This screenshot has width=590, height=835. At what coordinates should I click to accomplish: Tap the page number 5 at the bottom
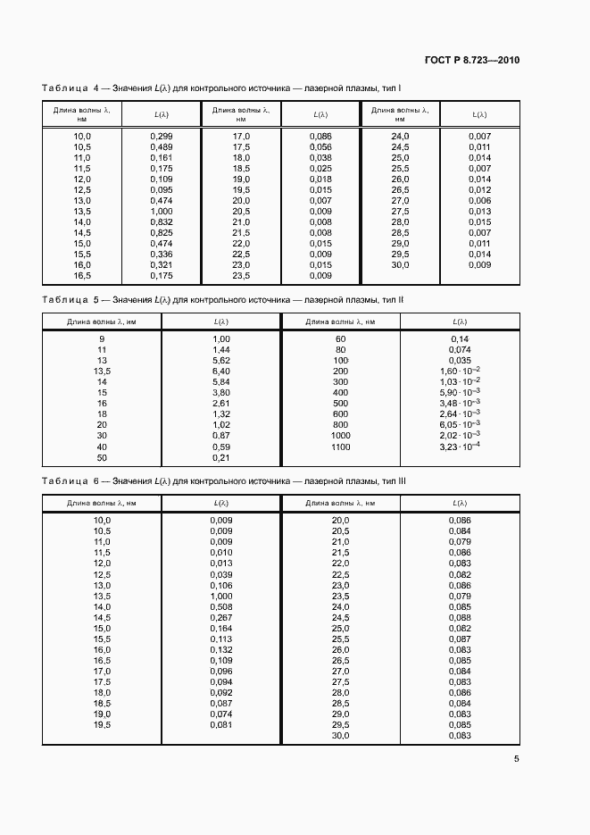tap(517, 760)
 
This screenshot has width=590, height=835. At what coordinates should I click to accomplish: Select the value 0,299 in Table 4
tap(162, 136)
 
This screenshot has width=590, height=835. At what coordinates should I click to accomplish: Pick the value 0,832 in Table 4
tap(162, 221)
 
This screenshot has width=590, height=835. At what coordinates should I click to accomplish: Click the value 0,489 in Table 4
tap(162, 146)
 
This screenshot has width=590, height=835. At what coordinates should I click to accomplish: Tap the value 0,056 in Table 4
tap(320, 146)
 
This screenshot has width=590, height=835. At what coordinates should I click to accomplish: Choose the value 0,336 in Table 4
tap(162, 254)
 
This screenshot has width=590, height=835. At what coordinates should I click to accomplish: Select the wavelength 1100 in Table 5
tap(340, 447)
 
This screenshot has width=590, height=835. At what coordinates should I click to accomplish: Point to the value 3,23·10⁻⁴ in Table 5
tap(461, 447)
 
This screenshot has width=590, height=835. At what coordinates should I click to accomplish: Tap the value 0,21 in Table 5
tap(221, 457)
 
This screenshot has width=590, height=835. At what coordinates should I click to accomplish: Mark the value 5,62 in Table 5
tap(221, 361)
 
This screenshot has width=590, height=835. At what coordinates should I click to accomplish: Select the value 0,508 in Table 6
tap(221, 606)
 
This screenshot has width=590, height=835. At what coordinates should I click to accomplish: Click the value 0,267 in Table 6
tap(221, 617)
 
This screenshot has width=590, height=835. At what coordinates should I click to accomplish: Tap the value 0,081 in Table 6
tap(221, 724)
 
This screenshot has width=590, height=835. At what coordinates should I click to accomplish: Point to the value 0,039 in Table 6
tap(221, 574)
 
